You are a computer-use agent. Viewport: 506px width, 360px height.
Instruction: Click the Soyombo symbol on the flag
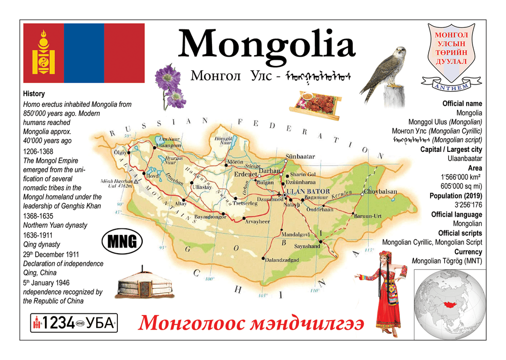pos(43,53)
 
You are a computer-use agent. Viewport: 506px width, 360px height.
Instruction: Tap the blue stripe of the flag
pos(83,53)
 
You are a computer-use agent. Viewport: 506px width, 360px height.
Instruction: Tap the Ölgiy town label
pos(120,152)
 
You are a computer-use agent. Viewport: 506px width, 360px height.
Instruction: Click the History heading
pos(34,94)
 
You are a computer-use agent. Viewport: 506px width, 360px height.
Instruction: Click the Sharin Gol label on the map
pos(304,175)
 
